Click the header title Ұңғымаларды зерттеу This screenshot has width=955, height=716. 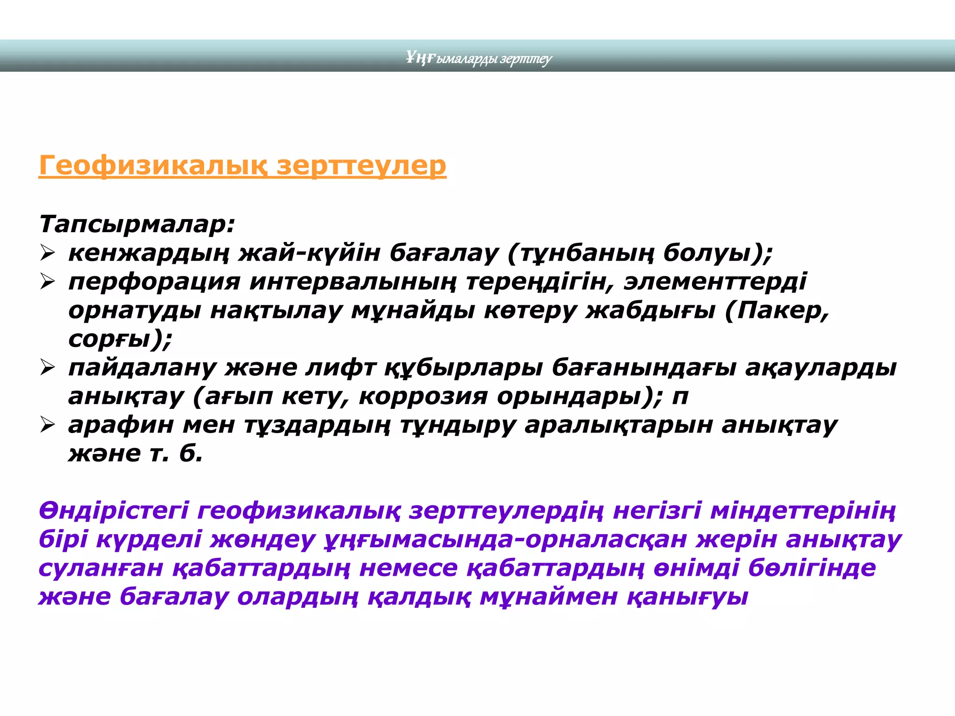[478, 58]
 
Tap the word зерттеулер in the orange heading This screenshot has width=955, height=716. [361, 165]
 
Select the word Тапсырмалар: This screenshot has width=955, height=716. [137, 224]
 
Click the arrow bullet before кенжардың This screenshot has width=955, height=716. [48, 253]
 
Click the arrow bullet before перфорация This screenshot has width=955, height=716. [48, 282]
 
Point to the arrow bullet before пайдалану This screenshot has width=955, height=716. [48, 368]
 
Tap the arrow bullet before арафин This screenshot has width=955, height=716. [48, 425]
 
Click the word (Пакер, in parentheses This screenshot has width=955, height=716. [777, 310]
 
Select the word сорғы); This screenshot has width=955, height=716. [120, 339]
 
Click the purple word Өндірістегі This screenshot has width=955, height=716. [114, 510]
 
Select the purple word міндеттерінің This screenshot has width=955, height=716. [803, 510]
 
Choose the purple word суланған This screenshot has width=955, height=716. [101, 568]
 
